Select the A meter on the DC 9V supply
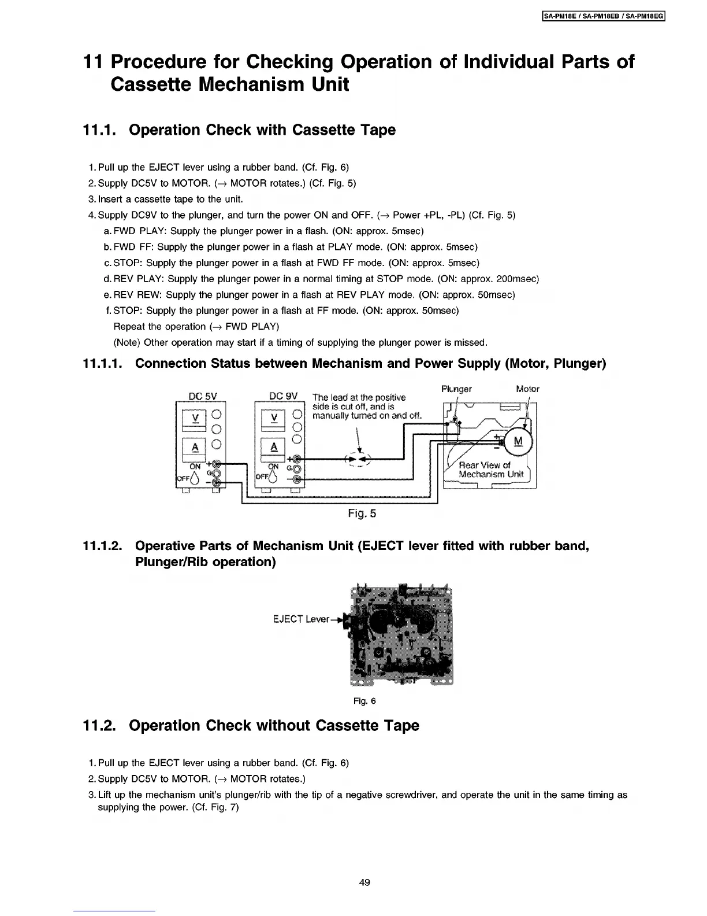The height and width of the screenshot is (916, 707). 274,447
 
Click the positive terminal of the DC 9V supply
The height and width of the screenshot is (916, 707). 297,459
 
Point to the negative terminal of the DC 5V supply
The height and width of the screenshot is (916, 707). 217,483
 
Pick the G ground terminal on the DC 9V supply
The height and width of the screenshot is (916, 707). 297,469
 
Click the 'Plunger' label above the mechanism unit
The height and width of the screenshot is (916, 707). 456,389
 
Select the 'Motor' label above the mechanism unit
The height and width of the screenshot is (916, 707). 527,389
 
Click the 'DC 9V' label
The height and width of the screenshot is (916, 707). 283,396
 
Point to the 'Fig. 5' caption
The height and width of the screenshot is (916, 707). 362,514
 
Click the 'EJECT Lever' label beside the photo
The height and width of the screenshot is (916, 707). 300,619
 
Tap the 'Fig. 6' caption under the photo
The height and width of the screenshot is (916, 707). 364,701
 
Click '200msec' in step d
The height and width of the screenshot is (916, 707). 518,279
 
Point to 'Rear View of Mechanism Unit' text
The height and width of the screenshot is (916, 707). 490,470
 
